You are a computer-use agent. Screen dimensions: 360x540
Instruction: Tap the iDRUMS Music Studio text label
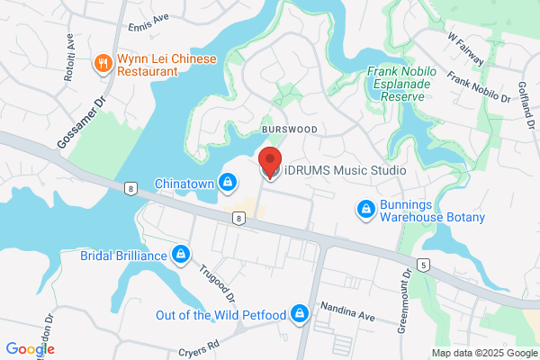pos(346,170)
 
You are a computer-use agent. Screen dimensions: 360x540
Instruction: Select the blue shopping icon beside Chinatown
pos(229,184)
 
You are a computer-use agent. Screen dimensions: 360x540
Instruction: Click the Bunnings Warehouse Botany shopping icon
pos(365,211)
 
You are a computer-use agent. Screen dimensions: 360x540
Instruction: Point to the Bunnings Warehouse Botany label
pos(432,211)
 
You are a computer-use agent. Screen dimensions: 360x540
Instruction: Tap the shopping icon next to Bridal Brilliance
pos(181,255)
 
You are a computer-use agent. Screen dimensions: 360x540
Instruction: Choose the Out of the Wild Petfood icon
pos(301,314)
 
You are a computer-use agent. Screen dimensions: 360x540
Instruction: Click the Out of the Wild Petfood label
pos(220,314)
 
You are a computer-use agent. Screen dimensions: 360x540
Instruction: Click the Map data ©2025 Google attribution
pos(483,352)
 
